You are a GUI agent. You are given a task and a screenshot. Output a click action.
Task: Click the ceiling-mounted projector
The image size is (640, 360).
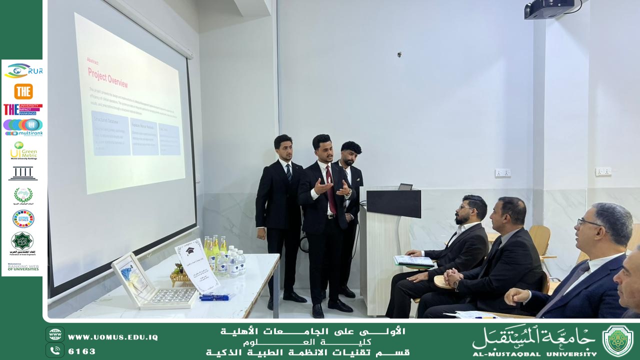pyautogui.click(x=548, y=9)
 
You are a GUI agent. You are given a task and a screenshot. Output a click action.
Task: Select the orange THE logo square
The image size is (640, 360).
pyautogui.click(x=23, y=91)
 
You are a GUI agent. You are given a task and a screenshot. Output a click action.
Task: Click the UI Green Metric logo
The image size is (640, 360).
pyautogui.click(x=22, y=150)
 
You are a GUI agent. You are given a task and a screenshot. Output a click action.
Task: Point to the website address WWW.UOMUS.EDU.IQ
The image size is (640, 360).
pyautogui.click(x=112, y=337)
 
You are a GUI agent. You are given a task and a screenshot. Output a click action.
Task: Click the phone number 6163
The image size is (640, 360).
pyautogui.click(x=82, y=351)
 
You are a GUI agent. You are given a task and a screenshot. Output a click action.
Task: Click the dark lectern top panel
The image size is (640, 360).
pyautogui.click(x=393, y=203)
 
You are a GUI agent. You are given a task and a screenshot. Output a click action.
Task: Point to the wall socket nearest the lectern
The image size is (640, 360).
pyautogui.click(x=502, y=173)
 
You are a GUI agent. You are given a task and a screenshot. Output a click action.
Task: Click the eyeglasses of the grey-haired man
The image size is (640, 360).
pyautogui.click(x=588, y=222)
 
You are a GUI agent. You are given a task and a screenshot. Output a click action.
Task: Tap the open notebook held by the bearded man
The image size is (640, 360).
pyautogui.click(x=414, y=260)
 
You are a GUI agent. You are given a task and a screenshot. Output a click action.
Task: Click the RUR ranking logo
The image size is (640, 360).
pyautogui.click(x=23, y=71)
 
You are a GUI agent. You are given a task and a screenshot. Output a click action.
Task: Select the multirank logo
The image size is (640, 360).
pyautogui.click(x=23, y=127)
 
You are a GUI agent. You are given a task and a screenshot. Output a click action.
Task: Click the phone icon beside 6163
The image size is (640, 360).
pyautogui.click(x=55, y=350)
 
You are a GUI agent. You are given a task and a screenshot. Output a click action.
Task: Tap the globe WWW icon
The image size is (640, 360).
pyautogui.click(x=55, y=334)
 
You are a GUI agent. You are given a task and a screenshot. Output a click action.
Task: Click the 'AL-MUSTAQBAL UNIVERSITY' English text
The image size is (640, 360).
pyautogui.click(x=534, y=353)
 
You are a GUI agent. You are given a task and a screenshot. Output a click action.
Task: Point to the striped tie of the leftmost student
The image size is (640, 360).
pyautogui.click(x=289, y=172)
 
